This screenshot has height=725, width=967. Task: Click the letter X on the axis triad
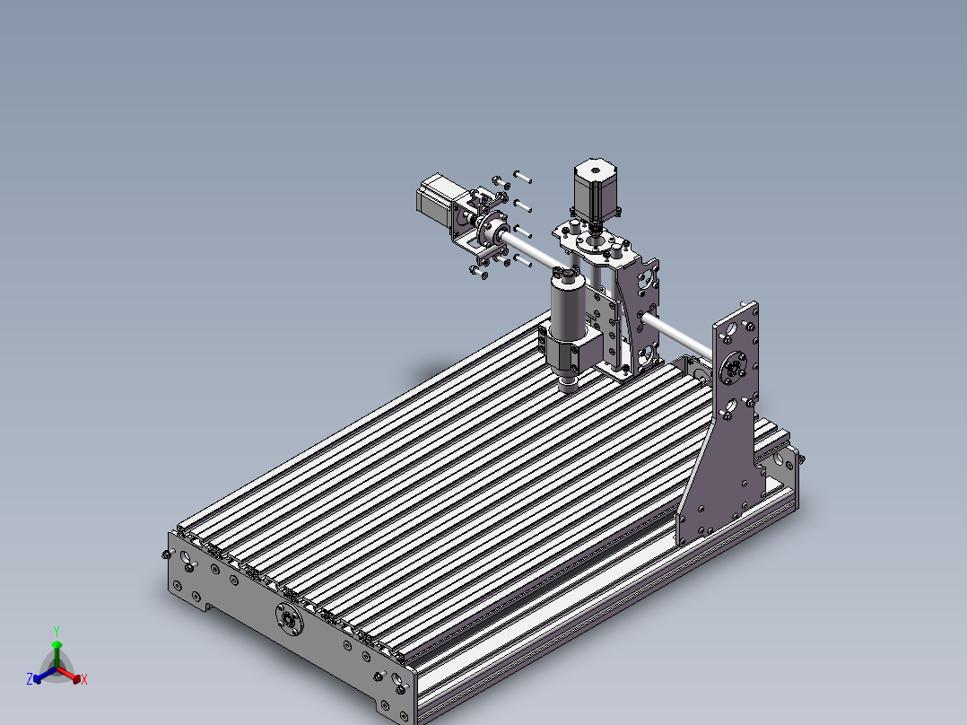[x=84, y=680]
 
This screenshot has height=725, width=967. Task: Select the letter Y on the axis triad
[x=56, y=631]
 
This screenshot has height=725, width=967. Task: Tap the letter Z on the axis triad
[x=30, y=679]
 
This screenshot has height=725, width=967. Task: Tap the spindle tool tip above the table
[x=569, y=387]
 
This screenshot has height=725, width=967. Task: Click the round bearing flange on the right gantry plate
[x=733, y=366]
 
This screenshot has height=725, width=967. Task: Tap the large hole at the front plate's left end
[x=187, y=558]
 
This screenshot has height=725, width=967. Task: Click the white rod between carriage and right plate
[x=682, y=336]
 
